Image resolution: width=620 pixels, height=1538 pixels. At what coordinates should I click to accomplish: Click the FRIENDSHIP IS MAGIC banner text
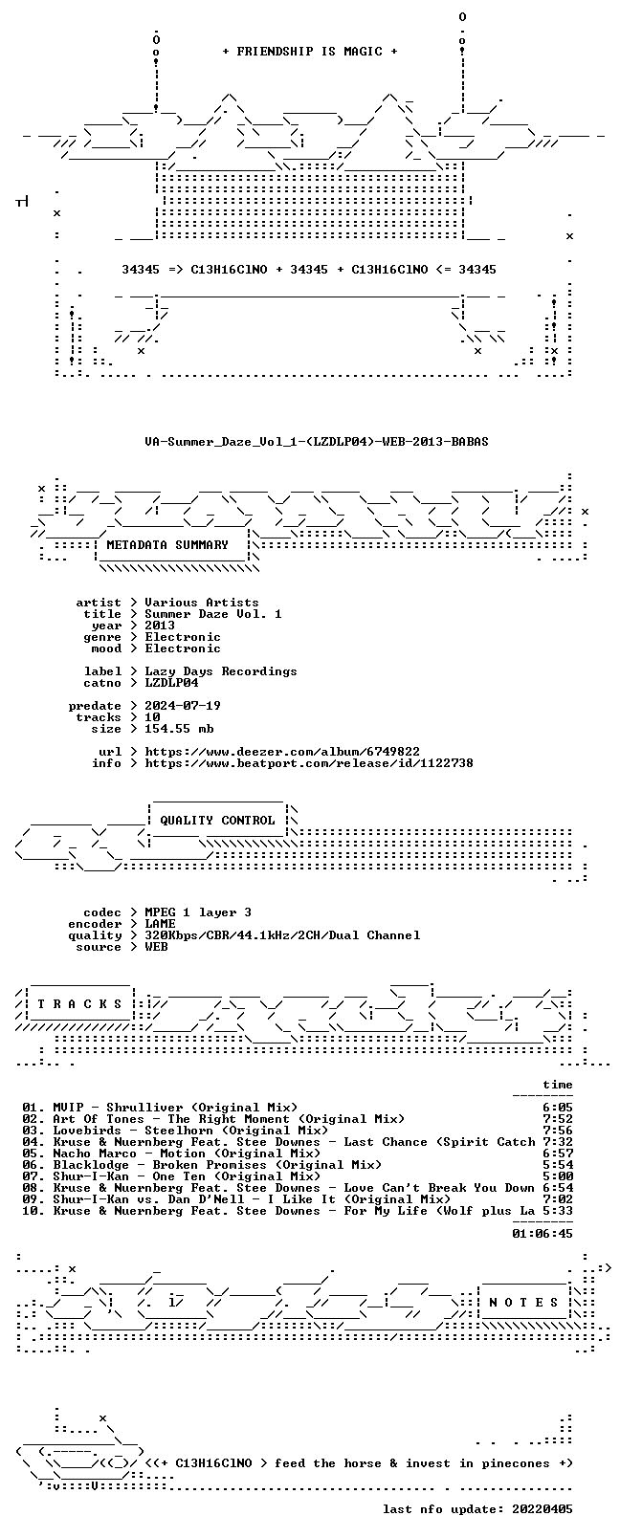pyautogui.click(x=310, y=52)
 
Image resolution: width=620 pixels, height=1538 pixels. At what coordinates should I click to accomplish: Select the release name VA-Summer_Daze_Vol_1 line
pyautogui.click(x=317, y=442)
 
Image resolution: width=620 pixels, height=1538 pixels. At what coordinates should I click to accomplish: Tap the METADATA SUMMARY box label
pyautogui.click(x=166, y=544)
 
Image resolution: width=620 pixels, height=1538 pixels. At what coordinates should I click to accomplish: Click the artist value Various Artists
pyautogui.click(x=202, y=603)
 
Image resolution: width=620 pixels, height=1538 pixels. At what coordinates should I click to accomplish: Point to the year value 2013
pyautogui.click(x=159, y=626)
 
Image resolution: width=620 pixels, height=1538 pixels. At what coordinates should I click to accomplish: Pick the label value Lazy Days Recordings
pyautogui.click(x=220, y=671)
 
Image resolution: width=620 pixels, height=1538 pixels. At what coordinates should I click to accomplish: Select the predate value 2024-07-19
pyautogui.click(x=183, y=706)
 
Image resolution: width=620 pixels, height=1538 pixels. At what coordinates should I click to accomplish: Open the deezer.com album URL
pyautogui.click(x=282, y=752)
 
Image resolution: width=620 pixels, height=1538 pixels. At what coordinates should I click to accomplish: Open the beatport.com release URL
pyautogui.click(x=309, y=763)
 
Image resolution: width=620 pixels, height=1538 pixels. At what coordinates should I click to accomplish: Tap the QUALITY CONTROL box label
pyautogui.click(x=217, y=821)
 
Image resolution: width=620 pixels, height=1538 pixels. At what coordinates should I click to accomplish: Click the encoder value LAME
pyautogui.click(x=159, y=924)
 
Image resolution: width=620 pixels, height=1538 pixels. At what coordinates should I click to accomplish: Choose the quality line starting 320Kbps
pyautogui.click(x=282, y=935)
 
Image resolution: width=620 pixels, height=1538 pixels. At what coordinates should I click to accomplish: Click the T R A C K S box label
pyautogui.click(x=79, y=1004)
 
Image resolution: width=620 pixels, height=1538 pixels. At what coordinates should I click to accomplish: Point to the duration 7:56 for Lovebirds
pyautogui.click(x=558, y=1131)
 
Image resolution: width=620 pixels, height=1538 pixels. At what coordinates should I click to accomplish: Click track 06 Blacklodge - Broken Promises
pyautogui.click(x=202, y=1164)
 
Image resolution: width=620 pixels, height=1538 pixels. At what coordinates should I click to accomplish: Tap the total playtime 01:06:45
pyautogui.click(x=542, y=1234)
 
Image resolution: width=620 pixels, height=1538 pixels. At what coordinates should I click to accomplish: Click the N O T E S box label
pyautogui.click(x=523, y=1303)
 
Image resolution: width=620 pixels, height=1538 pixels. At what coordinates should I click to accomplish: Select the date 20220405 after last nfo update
pyautogui.click(x=542, y=1508)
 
